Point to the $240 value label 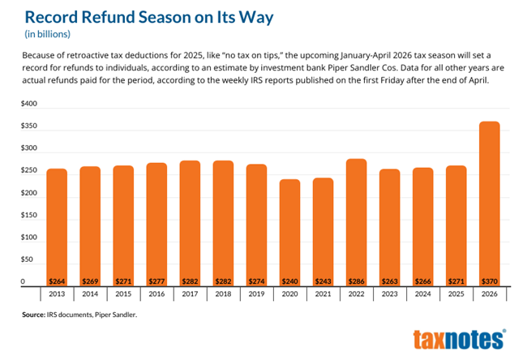coord(289,279)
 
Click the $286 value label coord(356,279)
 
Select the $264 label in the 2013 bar coord(57,279)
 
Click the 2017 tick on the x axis coord(190,294)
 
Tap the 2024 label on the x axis coord(422,294)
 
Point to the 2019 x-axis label coord(256,294)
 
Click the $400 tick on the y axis coord(29,105)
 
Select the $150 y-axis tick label coord(29,216)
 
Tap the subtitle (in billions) coord(46,34)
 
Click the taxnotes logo coord(459,339)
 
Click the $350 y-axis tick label coord(29,127)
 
